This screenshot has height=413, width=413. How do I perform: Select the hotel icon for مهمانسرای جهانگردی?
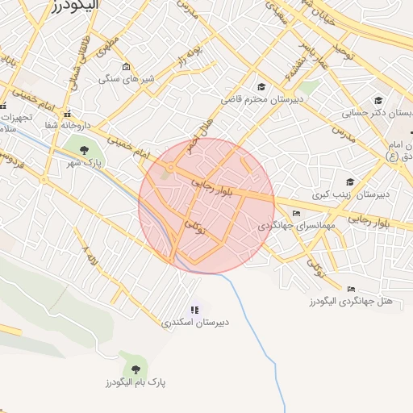pos(297,213)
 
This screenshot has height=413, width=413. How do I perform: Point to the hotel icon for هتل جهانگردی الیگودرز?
pos(351,289)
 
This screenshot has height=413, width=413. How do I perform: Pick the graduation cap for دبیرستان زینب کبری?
pos(349,182)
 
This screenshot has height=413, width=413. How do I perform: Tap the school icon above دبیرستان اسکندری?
pos(194,310)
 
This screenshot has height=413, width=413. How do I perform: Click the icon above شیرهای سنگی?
pos(126,67)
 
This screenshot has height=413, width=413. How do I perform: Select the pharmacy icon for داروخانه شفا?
pos(69,114)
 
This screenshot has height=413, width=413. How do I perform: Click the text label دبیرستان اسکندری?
pos(194,322)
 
